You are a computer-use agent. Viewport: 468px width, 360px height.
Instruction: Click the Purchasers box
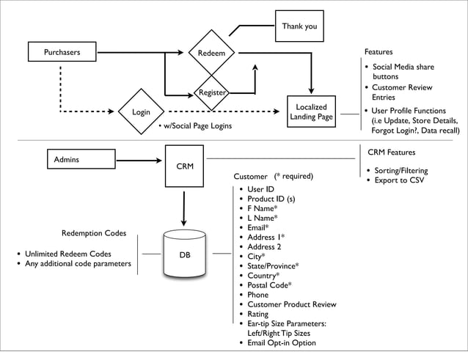click(x=62, y=52)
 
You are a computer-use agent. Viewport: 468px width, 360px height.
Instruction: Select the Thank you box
click(x=299, y=27)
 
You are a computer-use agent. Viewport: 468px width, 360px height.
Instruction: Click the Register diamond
click(x=211, y=93)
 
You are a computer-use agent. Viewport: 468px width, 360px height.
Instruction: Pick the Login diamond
click(x=141, y=112)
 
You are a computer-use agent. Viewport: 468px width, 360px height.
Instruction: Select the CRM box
click(x=185, y=166)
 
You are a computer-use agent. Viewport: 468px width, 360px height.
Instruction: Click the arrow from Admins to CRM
click(x=139, y=159)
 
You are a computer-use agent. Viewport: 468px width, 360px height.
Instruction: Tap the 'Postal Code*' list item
click(x=269, y=285)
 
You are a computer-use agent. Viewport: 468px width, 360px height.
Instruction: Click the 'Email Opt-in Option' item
click(x=282, y=342)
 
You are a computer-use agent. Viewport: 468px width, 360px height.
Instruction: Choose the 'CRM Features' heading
click(x=391, y=153)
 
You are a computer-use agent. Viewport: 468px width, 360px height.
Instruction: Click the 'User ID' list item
click(x=261, y=190)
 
